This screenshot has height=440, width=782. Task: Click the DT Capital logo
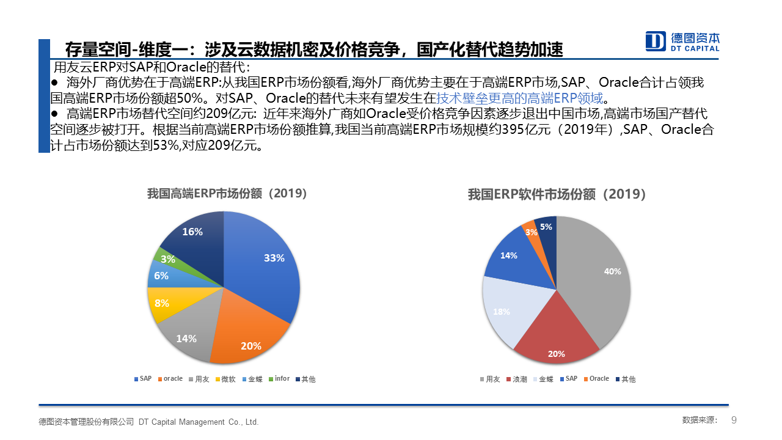pos(682,41)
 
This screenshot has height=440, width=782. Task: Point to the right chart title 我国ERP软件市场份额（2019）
pos(557,194)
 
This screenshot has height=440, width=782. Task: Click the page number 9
pos(734,420)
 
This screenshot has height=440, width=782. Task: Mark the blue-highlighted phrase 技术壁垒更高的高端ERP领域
pos(519,98)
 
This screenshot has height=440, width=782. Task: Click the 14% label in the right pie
pos(509,255)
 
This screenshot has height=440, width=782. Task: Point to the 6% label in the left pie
pos(161,276)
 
